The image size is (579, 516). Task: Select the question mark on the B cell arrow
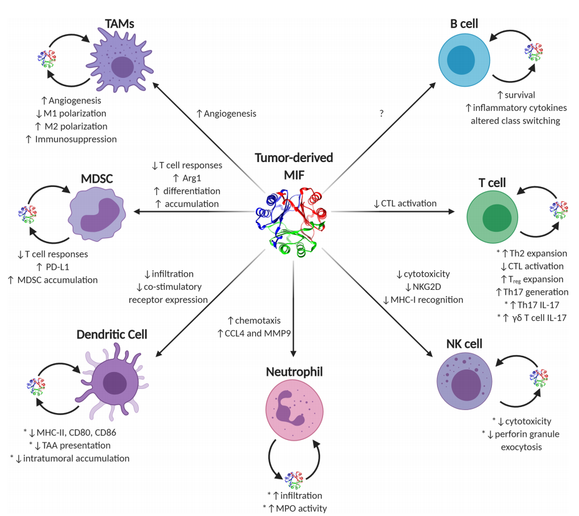381,113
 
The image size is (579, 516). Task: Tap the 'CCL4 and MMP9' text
257,333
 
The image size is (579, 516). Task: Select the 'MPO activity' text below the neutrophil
299,508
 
